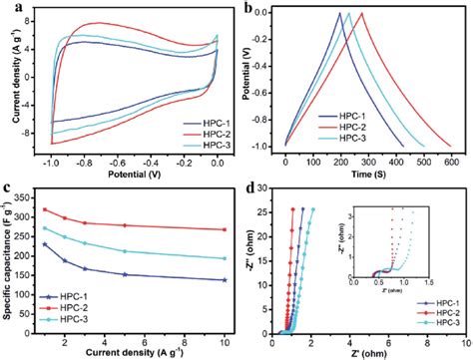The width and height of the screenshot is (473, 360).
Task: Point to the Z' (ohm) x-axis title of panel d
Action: tap(367, 351)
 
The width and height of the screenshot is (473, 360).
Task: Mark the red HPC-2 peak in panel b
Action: tap(361, 13)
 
